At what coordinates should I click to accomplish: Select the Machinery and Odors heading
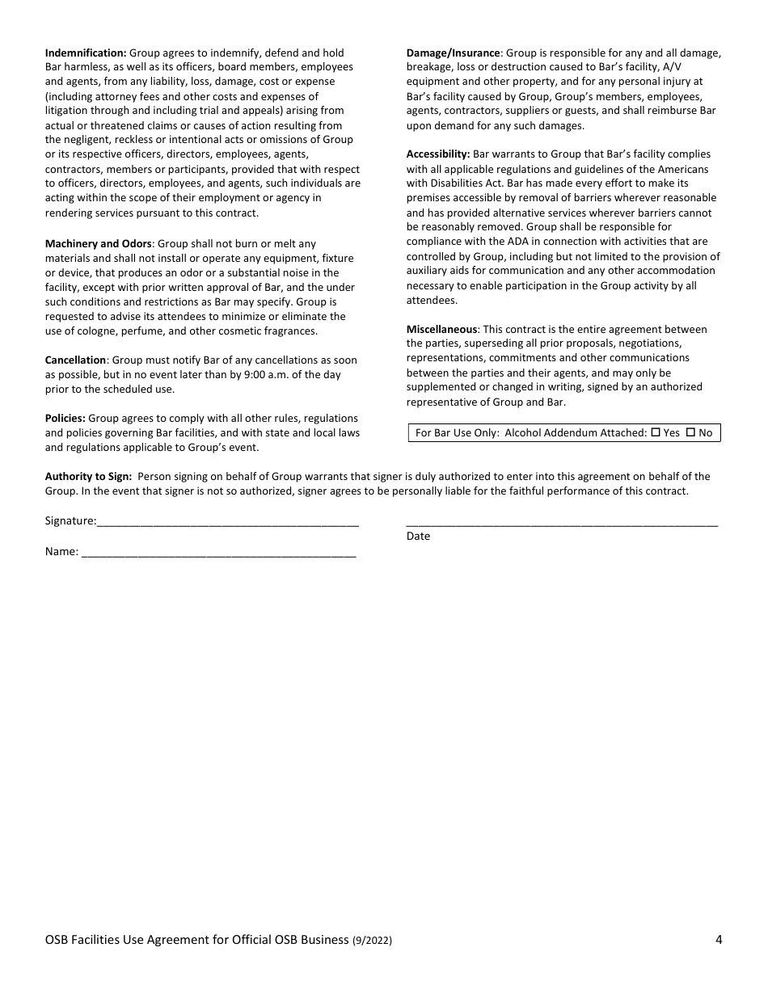coord(98,243)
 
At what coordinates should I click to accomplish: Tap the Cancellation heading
coord(75,360)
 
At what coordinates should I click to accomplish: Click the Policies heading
coord(65,418)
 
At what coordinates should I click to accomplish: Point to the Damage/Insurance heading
coord(454,53)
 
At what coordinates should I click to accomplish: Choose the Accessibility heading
coord(437,154)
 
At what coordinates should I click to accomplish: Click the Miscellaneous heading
coord(441,329)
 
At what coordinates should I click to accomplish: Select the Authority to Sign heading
coord(88,476)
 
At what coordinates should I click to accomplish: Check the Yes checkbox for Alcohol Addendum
coord(656,432)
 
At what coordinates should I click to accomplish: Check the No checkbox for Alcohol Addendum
coord(690,432)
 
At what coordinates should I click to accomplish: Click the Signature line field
coord(227,522)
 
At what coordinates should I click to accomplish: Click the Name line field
coord(218,553)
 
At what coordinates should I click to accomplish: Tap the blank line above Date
coord(562,522)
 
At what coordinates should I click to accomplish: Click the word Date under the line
coord(418,536)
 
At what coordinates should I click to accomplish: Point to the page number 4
coord(719,939)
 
